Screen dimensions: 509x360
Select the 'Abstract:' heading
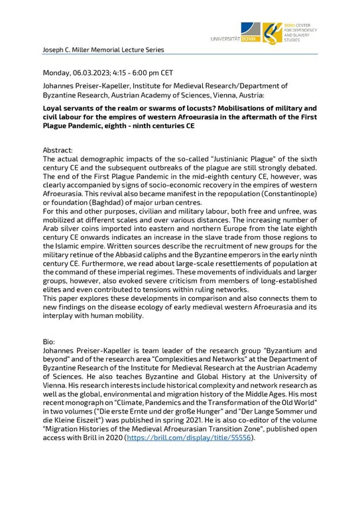(60, 150)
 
